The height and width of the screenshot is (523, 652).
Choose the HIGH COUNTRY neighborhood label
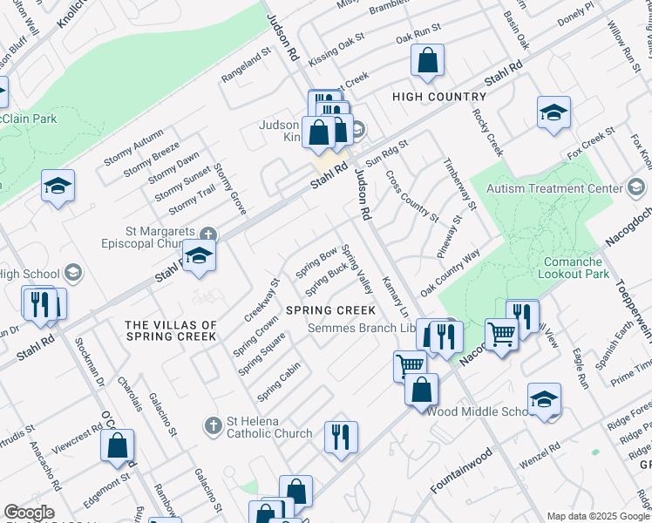[439, 97]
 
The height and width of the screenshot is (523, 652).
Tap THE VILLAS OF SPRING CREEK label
[171, 330]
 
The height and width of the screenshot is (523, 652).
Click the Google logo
[29, 513]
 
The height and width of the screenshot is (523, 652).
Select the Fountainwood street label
[461, 471]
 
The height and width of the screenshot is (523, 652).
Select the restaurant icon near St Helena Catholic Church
[340, 437]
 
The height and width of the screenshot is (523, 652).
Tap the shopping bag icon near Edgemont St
[117, 445]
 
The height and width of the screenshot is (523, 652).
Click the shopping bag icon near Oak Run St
[427, 61]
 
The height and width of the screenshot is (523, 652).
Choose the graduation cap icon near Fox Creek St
[554, 112]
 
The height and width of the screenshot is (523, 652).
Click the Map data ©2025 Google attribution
[597, 516]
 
